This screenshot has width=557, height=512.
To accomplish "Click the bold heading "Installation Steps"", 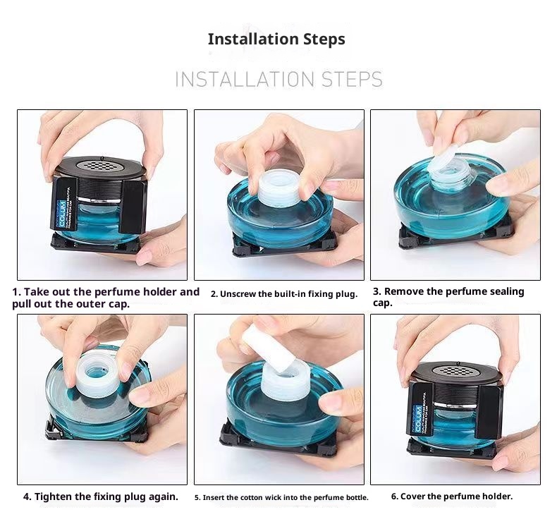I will pos(276,39).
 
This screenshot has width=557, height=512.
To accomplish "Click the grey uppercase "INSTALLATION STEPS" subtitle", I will pos(278,79).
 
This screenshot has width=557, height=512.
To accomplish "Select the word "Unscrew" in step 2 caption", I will pos(237,294).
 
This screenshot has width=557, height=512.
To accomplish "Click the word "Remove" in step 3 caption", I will pos(405,291).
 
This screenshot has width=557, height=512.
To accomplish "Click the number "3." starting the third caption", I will pos(377,291).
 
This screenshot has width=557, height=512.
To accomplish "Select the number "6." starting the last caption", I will pos(395,496).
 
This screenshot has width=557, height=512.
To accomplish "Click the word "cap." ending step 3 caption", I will pos(382,303).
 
